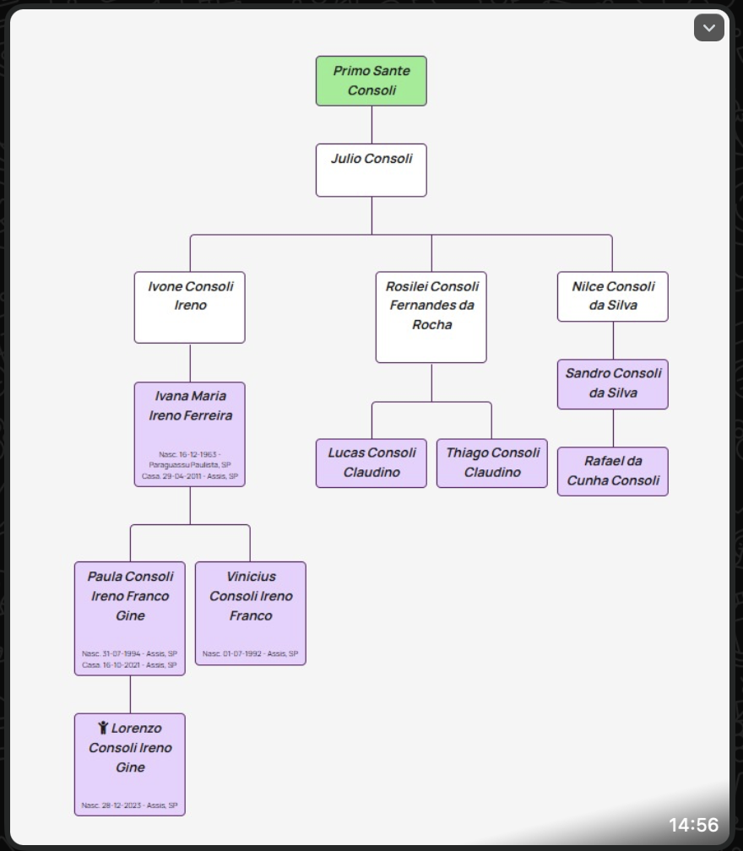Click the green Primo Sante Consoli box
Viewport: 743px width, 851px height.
click(371, 81)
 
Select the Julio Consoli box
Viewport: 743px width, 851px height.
click(371, 170)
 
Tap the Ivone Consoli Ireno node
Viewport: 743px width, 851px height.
click(190, 307)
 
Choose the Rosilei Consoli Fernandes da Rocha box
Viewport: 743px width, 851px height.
click(431, 317)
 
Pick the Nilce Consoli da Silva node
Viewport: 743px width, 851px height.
click(613, 296)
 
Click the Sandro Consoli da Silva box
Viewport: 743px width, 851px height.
click(613, 384)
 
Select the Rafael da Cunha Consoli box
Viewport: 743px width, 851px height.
click(613, 471)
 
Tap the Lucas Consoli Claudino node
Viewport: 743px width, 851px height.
click(371, 463)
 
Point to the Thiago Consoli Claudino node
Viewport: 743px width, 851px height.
click(492, 463)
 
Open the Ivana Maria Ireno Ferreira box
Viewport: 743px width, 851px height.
click(190, 434)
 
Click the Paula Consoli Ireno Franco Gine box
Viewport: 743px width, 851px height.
click(130, 618)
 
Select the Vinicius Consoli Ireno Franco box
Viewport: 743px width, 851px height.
click(251, 613)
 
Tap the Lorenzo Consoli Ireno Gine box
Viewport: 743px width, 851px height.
click(130, 764)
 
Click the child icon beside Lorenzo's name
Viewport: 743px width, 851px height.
click(103, 728)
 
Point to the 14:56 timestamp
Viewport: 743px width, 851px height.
click(693, 825)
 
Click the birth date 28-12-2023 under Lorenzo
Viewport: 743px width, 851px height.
click(129, 805)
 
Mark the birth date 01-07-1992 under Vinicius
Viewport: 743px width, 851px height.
click(251, 654)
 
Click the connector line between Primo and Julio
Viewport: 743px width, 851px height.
click(371, 125)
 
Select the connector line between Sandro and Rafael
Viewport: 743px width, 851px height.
click(613, 428)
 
